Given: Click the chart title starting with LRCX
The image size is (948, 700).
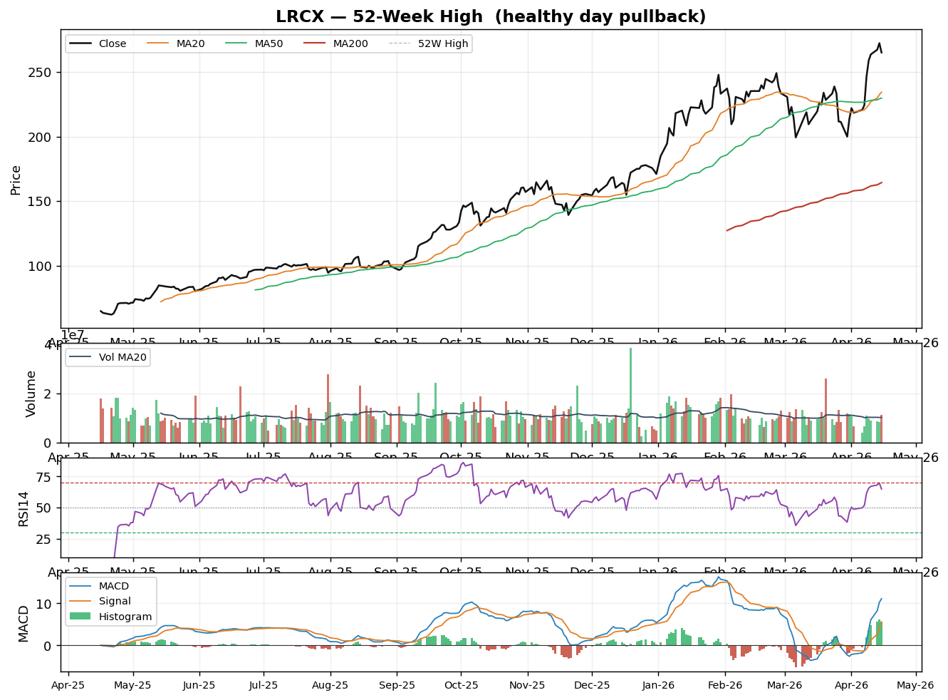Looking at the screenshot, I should [491, 16].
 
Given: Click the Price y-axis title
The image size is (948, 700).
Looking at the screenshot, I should [16, 180].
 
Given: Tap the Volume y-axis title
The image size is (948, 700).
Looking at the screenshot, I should [31, 393].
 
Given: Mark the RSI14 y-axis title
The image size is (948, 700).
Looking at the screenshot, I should [24, 508].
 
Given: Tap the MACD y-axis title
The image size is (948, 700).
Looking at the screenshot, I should [24, 623].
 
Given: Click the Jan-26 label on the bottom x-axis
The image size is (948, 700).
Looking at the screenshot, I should [659, 686].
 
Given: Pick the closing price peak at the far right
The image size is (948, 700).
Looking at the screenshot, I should [879, 43].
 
